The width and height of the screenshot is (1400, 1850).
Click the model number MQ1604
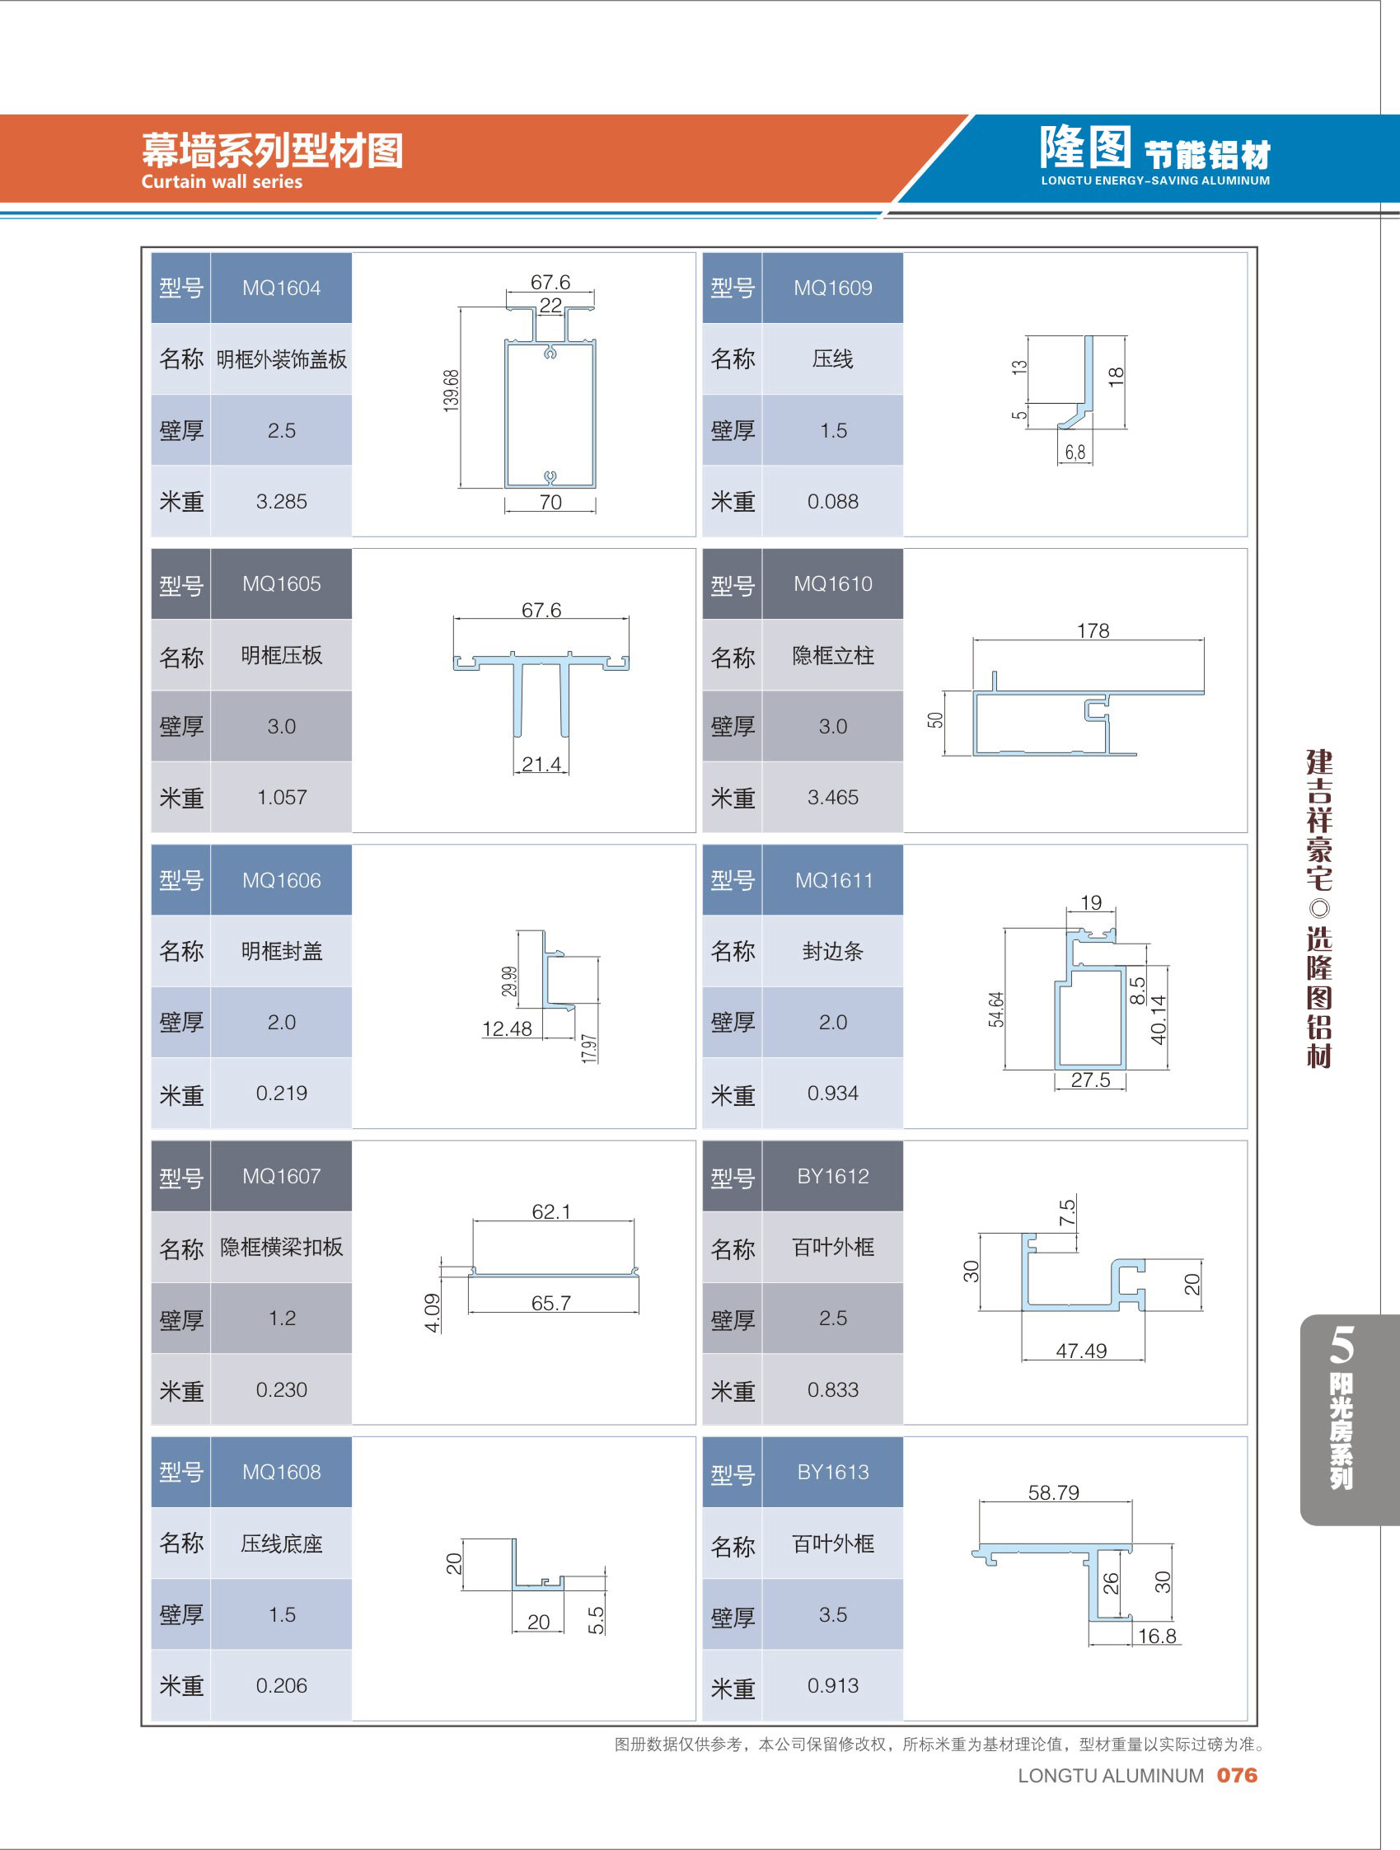pyautogui.click(x=281, y=288)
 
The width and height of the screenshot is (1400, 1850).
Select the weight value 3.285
pyautogui.click(x=281, y=501)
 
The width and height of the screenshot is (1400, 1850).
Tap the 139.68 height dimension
pyautogui.click(x=451, y=390)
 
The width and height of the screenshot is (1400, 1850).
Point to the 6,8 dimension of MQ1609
pyautogui.click(x=1075, y=452)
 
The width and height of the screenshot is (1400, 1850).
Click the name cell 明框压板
pyautogui.click(x=281, y=655)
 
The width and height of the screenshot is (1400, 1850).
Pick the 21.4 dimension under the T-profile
pyautogui.click(x=541, y=764)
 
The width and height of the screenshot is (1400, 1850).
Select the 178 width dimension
pyautogui.click(x=1093, y=630)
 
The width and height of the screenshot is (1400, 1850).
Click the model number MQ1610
pyautogui.click(x=832, y=583)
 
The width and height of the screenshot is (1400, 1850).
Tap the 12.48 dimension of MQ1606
pyautogui.click(x=507, y=1028)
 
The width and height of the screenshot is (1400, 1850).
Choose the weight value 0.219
pyautogui.click(x=281, y=1092)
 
